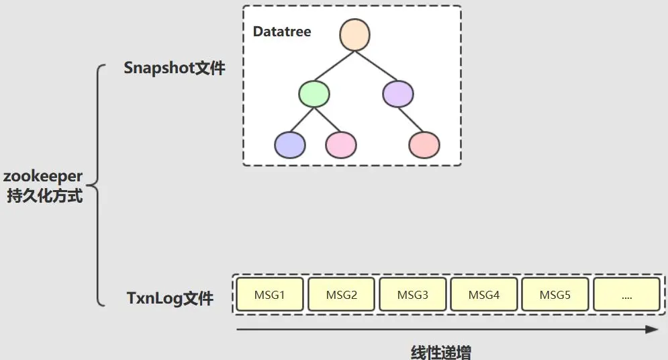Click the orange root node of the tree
click(355, 36)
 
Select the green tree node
click(314, 95)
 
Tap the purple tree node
click(398, 94)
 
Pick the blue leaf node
click(290, 145)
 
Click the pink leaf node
click(341, 145)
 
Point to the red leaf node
click(424, 145)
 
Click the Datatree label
click(282, 32)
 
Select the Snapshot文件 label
click(175, 68)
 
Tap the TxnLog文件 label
click(170, 299)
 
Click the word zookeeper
click(44, 177)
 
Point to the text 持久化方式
click(44, 196)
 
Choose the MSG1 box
click(270, 295)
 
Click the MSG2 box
click(341, 295)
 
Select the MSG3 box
click(412, 295)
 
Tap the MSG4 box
click(483, 295)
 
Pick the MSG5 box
click(555, 295)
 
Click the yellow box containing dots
click(626, 295)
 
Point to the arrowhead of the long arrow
click(652, 329)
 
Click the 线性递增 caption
click(441, 352)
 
